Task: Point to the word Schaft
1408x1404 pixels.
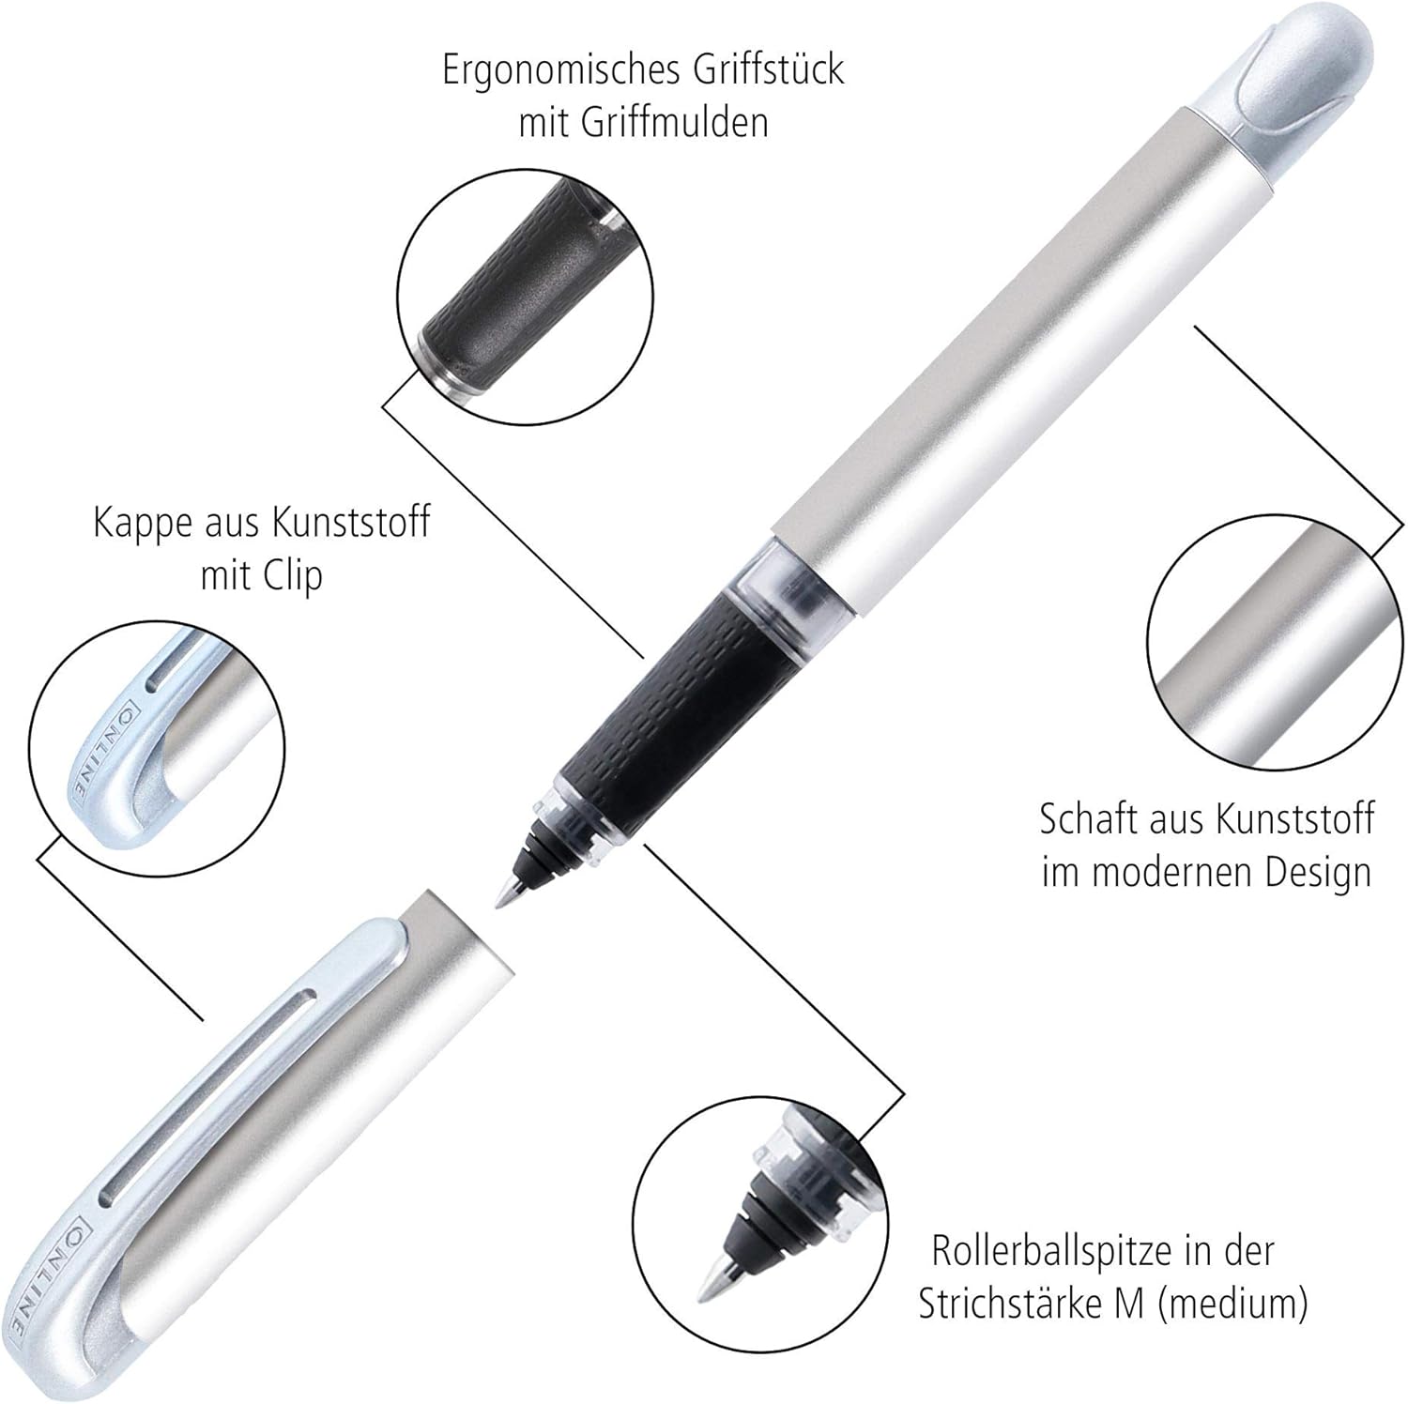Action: coord(1090,819)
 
